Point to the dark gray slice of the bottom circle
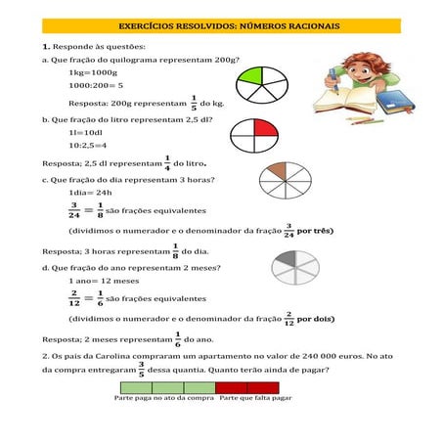284,259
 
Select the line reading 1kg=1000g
93,73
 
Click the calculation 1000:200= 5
96,86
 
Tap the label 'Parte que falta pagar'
256,398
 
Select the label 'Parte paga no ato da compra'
164,398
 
